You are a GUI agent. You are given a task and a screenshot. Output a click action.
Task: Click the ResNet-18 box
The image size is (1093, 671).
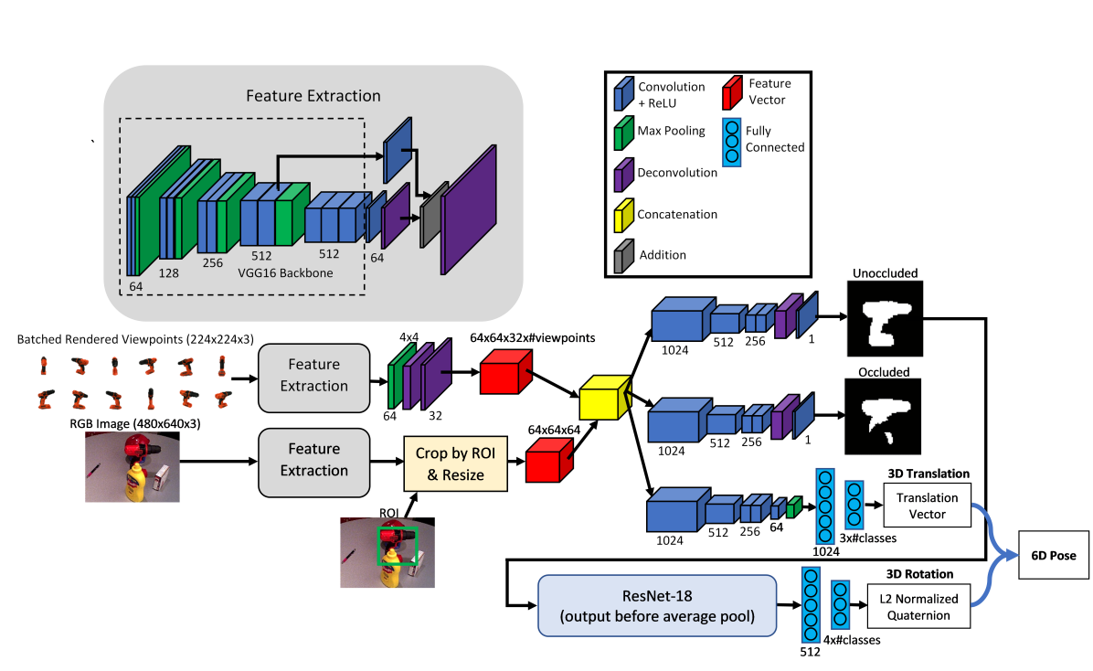pos(657,605)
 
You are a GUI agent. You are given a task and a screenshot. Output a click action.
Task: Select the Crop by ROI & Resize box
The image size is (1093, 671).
pos(456,463)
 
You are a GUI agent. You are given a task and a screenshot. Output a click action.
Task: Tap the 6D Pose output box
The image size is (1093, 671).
pos(1054,555)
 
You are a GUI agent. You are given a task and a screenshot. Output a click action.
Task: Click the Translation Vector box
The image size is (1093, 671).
pos(927,506)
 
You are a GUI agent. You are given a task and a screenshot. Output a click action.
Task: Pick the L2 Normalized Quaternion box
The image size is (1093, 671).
pos(918,607)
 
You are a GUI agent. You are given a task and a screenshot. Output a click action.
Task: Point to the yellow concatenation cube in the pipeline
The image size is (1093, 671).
pos(605,399)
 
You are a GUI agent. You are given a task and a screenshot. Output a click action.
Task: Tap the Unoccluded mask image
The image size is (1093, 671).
pos(886,319)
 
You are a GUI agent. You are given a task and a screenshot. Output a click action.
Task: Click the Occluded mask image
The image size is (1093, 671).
pos(883,417)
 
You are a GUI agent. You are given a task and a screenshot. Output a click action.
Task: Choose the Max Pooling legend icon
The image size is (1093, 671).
pos(623,133)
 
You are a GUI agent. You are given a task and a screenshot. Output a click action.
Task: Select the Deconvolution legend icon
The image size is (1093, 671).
pos(623,176)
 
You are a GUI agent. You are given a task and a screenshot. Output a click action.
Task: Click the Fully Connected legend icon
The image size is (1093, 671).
pos(731,142)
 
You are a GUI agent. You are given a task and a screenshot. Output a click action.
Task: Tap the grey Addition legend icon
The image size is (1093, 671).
pos(623,256)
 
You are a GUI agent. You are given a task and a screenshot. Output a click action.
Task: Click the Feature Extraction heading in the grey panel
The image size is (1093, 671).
pos(313,96)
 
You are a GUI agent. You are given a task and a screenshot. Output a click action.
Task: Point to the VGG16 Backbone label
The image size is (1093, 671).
pos(285,272)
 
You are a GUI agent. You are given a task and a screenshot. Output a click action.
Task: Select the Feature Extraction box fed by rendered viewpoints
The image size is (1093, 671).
pos(313,378)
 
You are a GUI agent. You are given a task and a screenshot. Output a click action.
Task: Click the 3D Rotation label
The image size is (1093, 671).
pos(919,574)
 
